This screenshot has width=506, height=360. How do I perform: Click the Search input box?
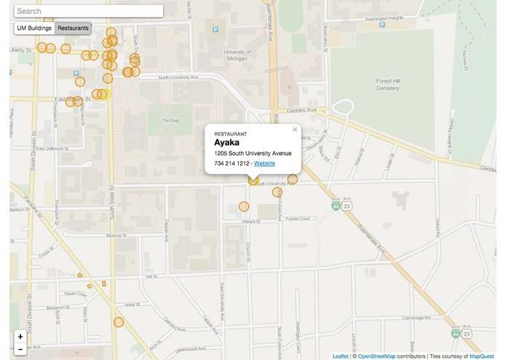click(88, 12)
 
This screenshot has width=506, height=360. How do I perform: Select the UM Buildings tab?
click(34, 28)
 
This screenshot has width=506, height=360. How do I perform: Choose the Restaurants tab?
click(73, 28)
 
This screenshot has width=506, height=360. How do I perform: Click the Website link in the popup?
click(264, 163)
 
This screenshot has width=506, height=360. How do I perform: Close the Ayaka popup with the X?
click(295, 130)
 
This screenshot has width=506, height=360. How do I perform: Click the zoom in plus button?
click(20, 337)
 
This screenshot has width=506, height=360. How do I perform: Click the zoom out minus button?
click(20, 350)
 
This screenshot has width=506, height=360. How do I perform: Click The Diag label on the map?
click(170, 120)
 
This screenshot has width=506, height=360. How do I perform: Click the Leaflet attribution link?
click(341, 356)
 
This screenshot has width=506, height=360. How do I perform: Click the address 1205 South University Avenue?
click(253, 154)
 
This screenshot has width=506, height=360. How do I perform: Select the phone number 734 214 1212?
click(232, 163)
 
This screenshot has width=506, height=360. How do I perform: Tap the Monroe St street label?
click(116, 235)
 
